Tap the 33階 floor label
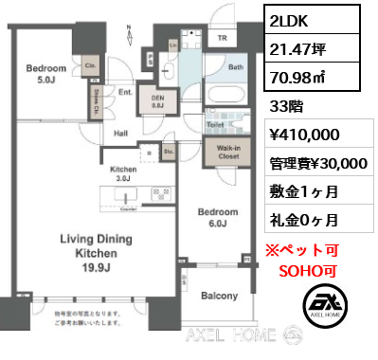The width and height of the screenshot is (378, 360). click(291, 105)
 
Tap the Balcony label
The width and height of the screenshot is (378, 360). click(219, 297)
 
